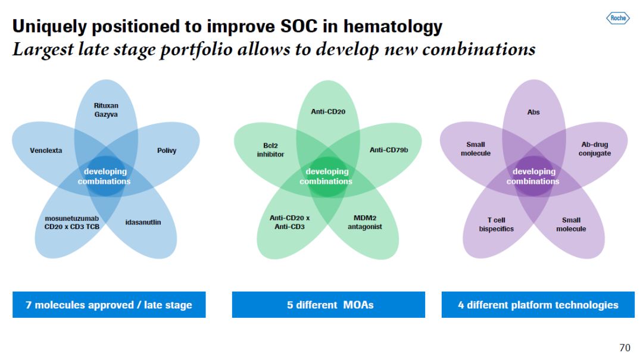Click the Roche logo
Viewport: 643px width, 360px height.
coord(617,18)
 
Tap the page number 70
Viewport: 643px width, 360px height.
coord(625,347)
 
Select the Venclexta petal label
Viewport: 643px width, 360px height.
coord(46,151)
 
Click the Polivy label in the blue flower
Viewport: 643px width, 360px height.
coord(167,151)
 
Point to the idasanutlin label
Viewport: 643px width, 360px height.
coord(143,223)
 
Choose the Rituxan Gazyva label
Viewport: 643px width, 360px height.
coord(106,110)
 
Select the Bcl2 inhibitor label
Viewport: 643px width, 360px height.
coord(270,150)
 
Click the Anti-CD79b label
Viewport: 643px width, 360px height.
coord(389,150)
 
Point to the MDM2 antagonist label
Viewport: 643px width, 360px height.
coord(365,223)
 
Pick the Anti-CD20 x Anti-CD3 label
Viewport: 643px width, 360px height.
coord(289,223)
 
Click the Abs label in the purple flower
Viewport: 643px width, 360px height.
coord(533,112)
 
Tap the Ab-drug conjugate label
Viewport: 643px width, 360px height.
coord(594,149)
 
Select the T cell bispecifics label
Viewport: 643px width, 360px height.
coord(496,224)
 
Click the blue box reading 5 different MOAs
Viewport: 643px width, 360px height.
coord(329,305)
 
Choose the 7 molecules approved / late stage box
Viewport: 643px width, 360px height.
coord(109,305)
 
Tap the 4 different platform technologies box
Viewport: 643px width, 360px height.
coord(538,305)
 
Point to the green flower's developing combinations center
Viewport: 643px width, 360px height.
coord(326,176)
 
